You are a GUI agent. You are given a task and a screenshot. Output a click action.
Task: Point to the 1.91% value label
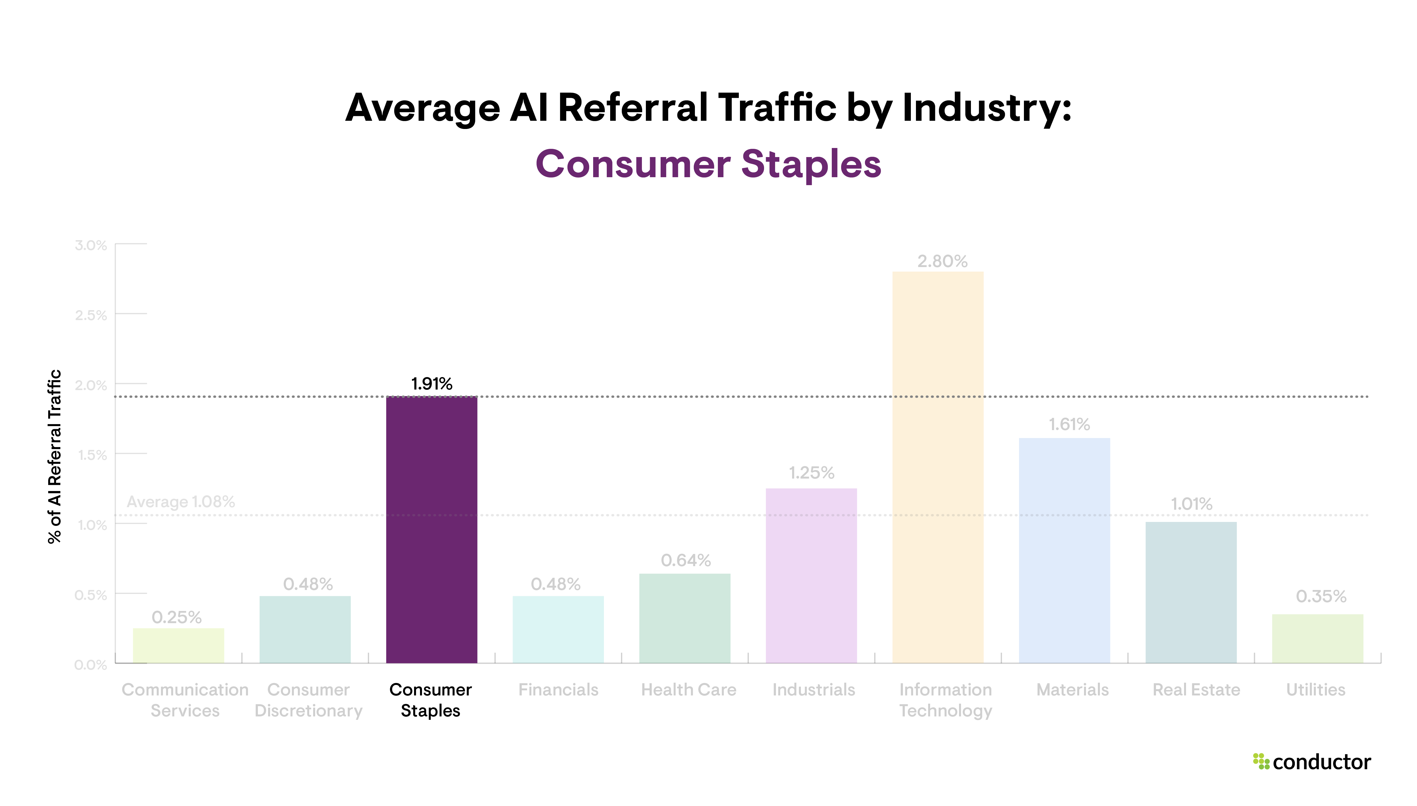coord(432,384)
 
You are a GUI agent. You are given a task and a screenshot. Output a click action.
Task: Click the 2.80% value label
coord(942,261)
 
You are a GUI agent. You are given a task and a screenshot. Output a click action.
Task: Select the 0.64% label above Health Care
coord(686,560)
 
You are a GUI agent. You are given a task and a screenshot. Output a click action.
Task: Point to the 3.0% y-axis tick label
coord(91,245)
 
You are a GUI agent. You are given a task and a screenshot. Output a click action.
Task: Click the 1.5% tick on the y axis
coord(92,455)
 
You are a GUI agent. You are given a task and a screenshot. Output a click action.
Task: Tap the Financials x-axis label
coord(558,690)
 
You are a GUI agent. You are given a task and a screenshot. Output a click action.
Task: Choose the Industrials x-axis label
coord(813,690)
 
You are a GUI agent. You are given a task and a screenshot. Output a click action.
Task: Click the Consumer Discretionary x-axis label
coord(308,700)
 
